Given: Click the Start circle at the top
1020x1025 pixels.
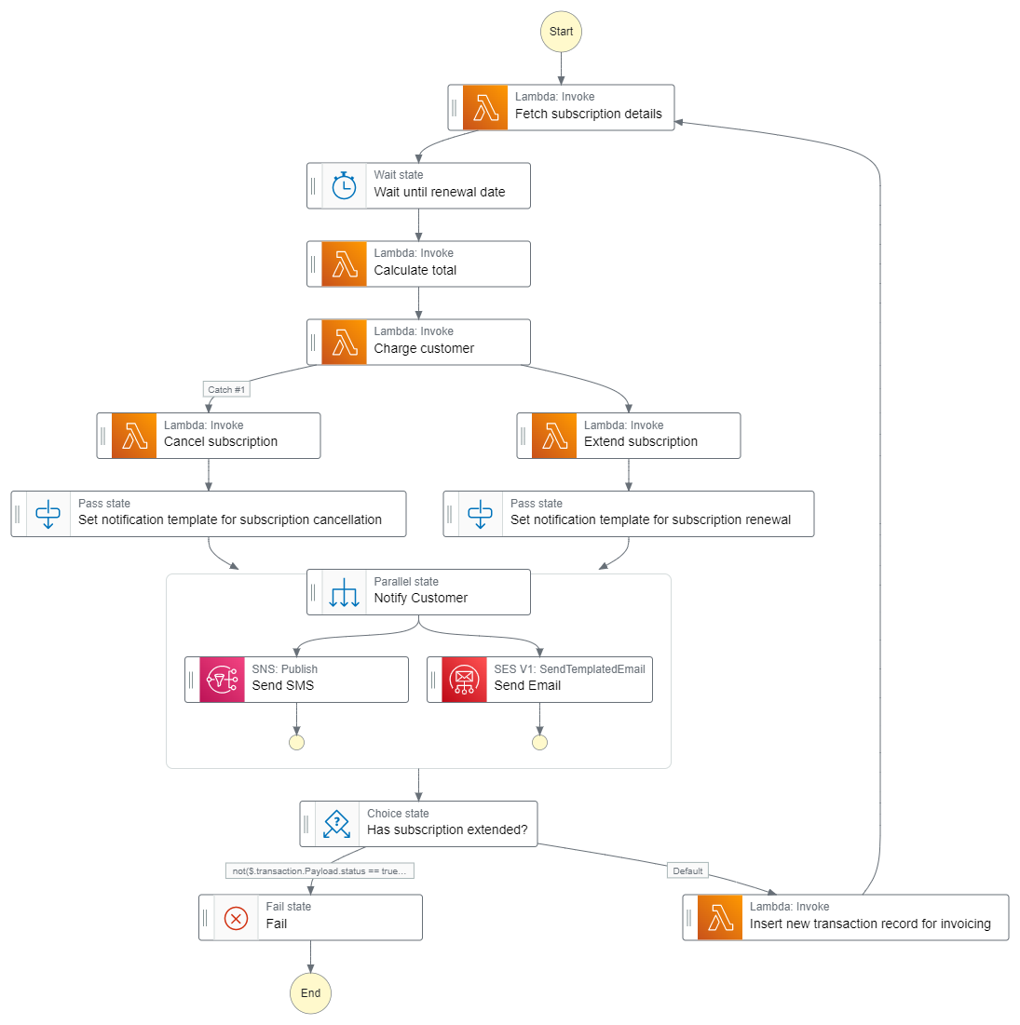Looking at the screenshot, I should pyautogui.click(x=561, y=32).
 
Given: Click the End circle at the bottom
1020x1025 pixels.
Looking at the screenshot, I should pyautogui.click(x=310, y=993).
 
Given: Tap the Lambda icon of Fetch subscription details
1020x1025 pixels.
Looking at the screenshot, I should pyautogui.click(x=485, y=108).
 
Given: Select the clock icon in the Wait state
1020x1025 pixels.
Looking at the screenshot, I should pyautogui.click(x=345, y=186).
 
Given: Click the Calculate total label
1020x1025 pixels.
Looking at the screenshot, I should pyautogui.click(x=415, y=271).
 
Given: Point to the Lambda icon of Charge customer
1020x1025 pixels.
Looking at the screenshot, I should pyautogui.click(x=345, y=343).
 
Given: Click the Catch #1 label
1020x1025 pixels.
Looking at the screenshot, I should pyautogui.click(x=226, y=390).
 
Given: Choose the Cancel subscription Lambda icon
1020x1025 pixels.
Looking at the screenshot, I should pyautogui.click(x=134, y=436).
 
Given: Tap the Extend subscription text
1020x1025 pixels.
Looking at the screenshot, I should pyautogui.click(x=641, y=442).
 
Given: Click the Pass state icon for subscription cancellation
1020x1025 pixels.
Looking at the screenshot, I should pyautogui.click(x=48, y=514).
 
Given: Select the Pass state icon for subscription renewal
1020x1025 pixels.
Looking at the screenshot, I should pyautogui.click(x=481, y=514).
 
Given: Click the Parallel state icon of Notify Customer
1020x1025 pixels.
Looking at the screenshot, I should pyautogui.click(x=345, y=592).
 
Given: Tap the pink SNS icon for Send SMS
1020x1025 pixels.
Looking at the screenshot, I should pyautogui.click(x=223, y=680).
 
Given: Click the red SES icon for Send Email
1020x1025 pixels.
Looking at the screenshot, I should pyautogui.click(x=464, y=680).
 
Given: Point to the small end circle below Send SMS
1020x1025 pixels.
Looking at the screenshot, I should pyautogui.click(x=296, y=742).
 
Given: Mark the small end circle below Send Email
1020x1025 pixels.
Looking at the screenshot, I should pyautogui.click(x=539, y=742).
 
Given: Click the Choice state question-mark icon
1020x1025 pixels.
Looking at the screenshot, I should pyautogui.click(x=336, y=824).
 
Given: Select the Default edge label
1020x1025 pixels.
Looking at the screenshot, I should pyautogui.click(x=687, y=871).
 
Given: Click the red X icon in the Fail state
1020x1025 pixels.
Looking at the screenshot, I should pyautogui.click(x=237, y=918).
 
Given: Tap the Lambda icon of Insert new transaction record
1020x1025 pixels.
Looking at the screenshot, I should pyautogui.click(x=720, y=918).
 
